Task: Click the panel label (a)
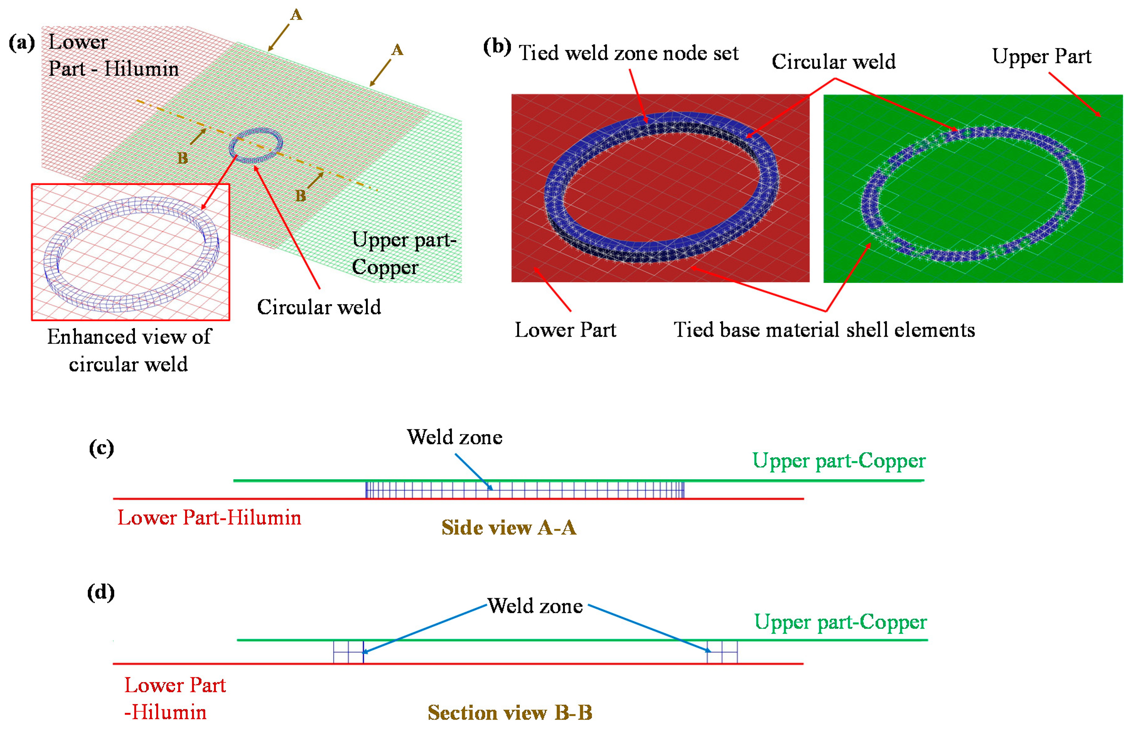tap(22, 43)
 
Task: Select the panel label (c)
tap(101, 448)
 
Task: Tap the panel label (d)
tap(101, 592)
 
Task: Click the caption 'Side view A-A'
tap(508, 528)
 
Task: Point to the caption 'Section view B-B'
tap(510, 712)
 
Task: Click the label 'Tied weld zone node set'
tap(629, 53)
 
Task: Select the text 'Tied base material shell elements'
tap(824, 330)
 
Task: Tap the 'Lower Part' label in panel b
tap(565, 330)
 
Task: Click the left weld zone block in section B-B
tap(348, 652)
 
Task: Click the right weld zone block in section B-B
tap(722, 652)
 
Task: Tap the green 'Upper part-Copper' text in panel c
tap(838, 461)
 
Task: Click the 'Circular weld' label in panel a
tap(318, 307)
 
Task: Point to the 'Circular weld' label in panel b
tap(834, 62)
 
